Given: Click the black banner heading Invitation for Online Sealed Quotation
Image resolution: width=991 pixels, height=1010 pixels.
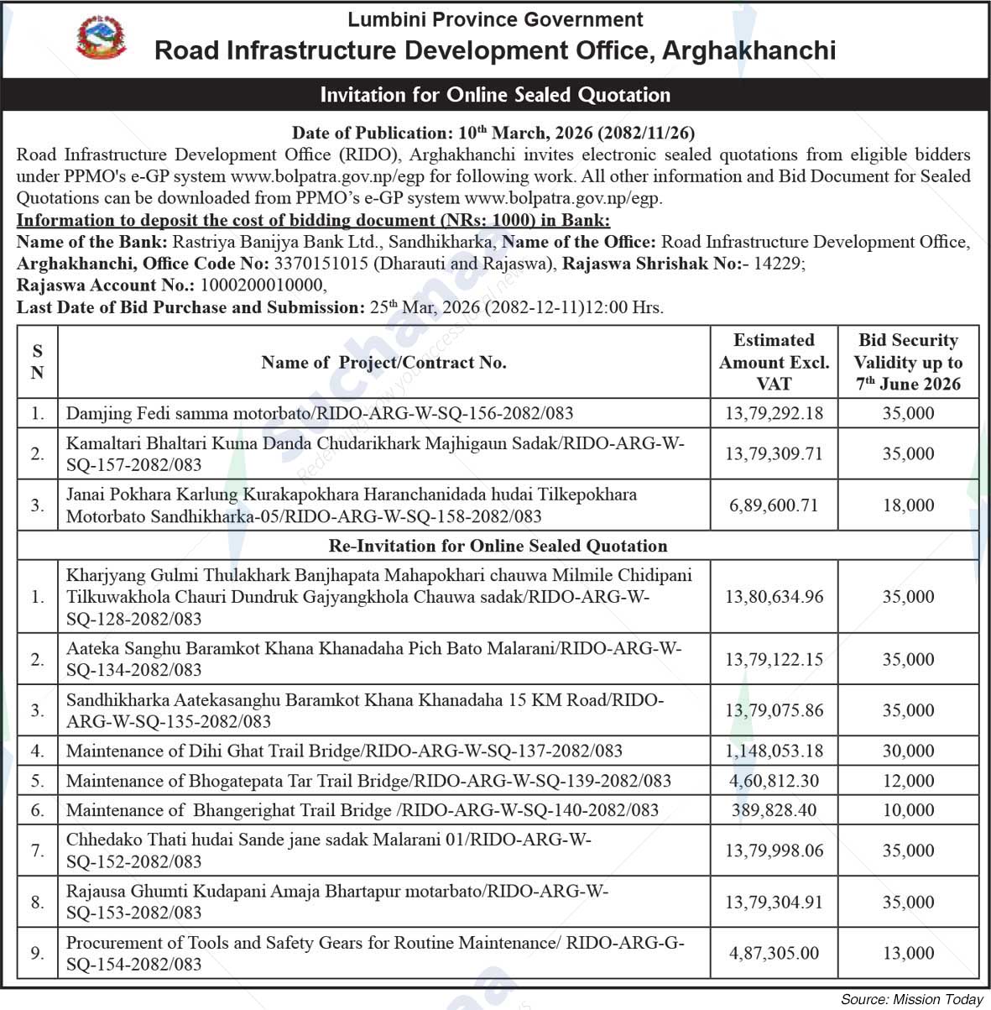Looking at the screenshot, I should tap(495, 95).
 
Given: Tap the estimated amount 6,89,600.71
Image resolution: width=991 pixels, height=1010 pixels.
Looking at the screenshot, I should tap(774, 505).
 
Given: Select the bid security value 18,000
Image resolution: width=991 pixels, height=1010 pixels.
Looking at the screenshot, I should tap(908, 505).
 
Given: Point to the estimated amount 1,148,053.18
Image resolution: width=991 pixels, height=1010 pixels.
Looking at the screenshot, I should tap(774, 751).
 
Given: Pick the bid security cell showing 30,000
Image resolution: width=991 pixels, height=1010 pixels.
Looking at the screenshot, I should tap(908, 751).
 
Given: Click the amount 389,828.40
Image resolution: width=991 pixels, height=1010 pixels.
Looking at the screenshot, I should tap(774, 810).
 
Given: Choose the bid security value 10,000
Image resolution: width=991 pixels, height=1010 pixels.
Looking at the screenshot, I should tap(908, 810).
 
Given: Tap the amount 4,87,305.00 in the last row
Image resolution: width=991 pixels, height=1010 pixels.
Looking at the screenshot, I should tap(774, 953).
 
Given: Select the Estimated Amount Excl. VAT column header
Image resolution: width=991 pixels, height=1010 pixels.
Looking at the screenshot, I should tap(774, 362).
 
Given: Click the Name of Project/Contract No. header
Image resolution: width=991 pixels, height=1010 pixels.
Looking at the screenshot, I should tap(383, 363).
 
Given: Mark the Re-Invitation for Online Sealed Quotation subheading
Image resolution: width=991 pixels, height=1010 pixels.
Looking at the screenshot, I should tap(498, 546).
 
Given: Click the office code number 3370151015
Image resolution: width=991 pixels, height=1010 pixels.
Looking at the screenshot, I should tap(321, 264).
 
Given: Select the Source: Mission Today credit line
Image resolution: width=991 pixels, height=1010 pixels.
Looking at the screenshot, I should tap(911, 999).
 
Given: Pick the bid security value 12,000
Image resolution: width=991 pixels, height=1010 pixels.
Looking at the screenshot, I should tap(908, 781).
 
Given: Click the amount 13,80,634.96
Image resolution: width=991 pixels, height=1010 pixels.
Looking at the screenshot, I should tap(774, 597).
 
